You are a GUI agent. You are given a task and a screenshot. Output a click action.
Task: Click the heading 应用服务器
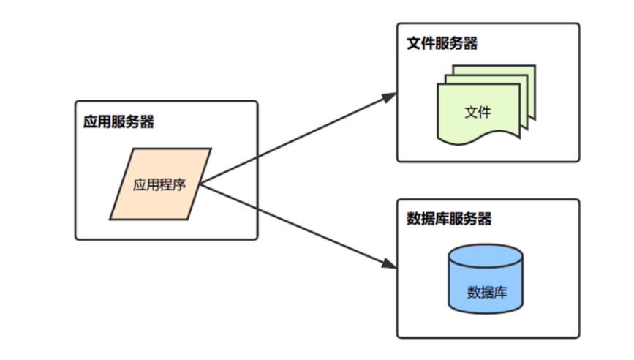(x=118, y=122)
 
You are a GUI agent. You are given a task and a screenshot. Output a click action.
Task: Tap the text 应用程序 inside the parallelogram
(x=159, y=184)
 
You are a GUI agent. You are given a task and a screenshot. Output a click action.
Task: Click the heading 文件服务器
(x=442, y=44)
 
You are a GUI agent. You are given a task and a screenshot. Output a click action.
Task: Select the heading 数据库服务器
(x=448, y=220)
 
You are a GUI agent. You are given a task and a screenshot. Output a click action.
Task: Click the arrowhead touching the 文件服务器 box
(x=390, y=97)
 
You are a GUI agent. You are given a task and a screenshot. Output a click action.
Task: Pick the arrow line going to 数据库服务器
(x=293, y=225)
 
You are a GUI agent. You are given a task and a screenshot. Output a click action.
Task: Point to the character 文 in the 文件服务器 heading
(x=414, y=44)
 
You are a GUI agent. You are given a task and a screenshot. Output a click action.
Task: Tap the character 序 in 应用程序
(x=179, y=184)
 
